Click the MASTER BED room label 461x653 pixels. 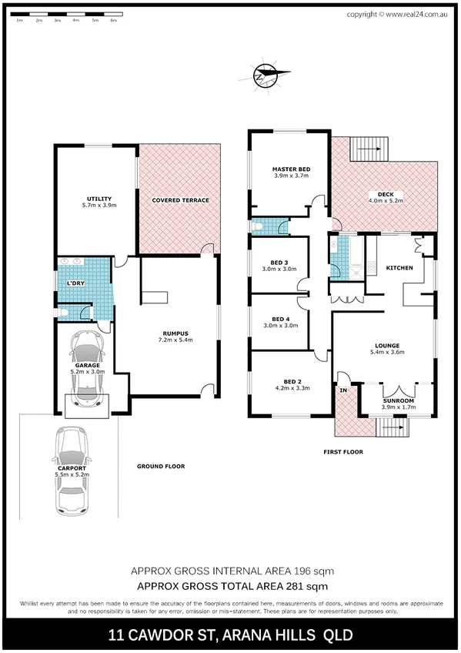point(291,169)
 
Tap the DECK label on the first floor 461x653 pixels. point(385,193)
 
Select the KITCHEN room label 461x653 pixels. point(399,268)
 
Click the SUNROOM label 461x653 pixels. point(399,401)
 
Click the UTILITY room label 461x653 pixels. point(98,199)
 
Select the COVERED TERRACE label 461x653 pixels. point(181,200)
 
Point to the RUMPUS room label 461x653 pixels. point(175,333)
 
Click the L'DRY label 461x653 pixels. point(75,284)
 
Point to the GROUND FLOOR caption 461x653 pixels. point(161,467)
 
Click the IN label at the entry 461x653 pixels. point(343,390)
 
